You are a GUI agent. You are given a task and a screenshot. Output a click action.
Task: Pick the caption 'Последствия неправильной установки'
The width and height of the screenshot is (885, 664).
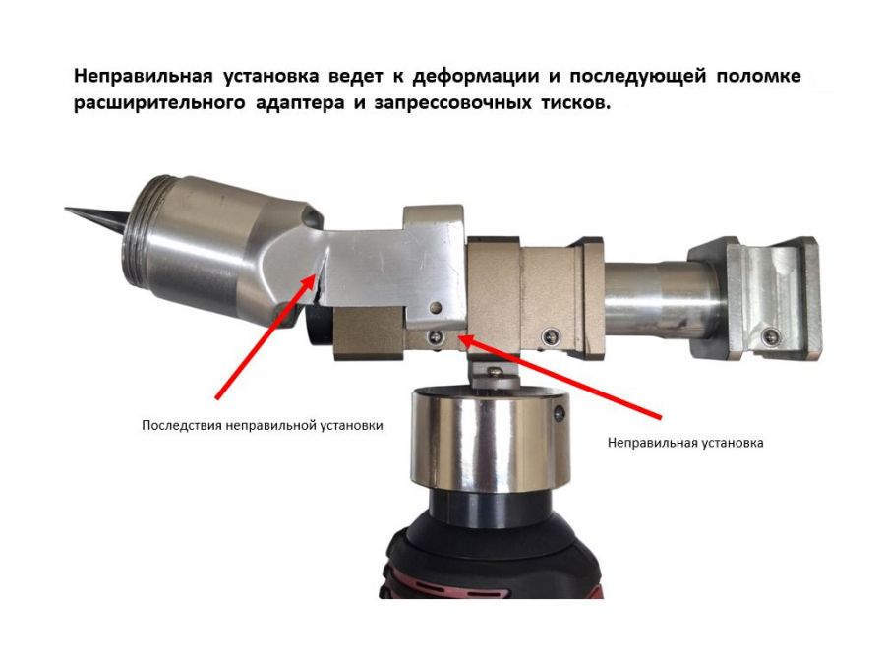pyautogui.click(x=262, y=426)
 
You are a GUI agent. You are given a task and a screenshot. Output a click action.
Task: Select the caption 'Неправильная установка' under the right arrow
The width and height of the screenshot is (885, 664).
pyautogui.click(x=685, y=443)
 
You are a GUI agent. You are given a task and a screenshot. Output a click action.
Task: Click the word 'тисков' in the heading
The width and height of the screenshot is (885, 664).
pyautogui.click(x=574, y=103)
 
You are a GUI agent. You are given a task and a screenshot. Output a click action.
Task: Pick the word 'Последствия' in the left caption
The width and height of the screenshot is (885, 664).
pyautogui.click(x=181, y=426)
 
